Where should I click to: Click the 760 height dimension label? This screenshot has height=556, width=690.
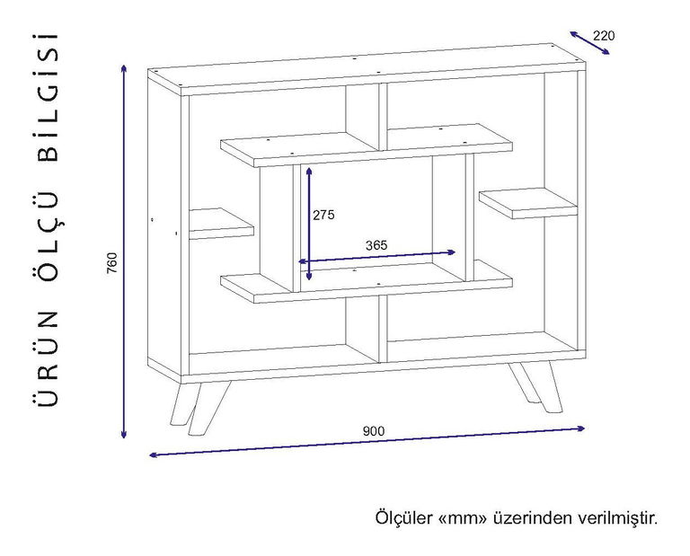113,262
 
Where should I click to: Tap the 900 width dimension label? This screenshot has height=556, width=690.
373,431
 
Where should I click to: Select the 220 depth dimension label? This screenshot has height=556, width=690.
604,36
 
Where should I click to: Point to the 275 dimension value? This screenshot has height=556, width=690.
323,215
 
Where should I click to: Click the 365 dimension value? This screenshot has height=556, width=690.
376,245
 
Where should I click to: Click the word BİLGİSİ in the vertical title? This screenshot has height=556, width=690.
48,98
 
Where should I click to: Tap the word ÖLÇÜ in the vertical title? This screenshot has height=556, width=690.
48,235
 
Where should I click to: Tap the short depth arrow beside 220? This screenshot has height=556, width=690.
589,43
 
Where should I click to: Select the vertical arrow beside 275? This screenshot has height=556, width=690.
309,224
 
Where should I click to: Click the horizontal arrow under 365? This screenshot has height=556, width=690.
376,257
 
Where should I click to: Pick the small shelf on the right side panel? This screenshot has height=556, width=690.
528,203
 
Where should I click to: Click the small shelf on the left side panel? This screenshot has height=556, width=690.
221,224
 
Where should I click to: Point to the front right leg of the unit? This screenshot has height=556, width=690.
535,387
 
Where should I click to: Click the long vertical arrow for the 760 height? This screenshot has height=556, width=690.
124,252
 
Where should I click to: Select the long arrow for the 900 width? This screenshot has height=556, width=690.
367,441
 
